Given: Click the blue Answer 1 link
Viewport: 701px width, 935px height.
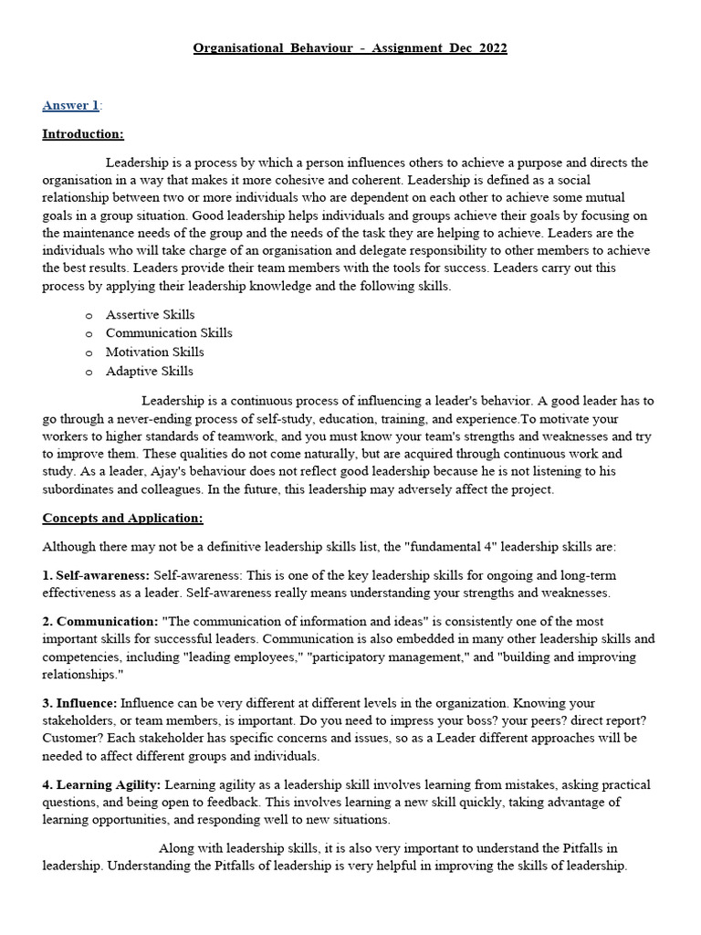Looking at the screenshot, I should (x=70, y=106).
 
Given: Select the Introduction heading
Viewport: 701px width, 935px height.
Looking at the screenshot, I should (x=83, y=134).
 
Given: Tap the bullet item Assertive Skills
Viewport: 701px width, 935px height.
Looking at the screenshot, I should (x=150, y=314).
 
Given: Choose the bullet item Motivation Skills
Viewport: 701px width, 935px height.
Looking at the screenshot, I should (x=154, y=352).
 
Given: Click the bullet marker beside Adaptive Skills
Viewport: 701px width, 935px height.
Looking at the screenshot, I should (x=89, y=372).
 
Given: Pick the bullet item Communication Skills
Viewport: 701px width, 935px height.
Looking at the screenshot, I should (x=169, y=333).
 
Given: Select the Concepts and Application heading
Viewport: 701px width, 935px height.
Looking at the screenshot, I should (x=122, y=518).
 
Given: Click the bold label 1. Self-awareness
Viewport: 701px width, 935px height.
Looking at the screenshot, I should (x=96, y=575).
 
